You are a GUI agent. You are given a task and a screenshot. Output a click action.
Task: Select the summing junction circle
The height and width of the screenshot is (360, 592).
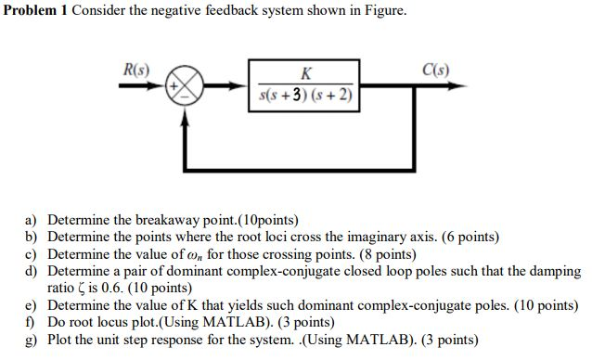coord(184,85)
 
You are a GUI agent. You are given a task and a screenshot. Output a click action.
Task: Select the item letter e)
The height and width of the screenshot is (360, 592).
coord(31,305)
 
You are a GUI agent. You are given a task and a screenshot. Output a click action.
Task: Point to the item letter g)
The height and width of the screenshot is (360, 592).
coord(31,340)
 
